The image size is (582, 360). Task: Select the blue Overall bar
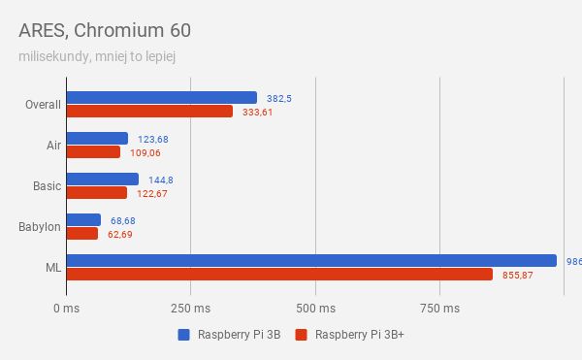162,97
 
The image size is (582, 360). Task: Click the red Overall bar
149,111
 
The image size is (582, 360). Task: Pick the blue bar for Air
97,138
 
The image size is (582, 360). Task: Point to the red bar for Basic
97,192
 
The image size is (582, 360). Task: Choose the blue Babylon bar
83,219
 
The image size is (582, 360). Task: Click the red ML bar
279,275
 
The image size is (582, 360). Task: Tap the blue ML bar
311,260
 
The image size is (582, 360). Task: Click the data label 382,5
280,98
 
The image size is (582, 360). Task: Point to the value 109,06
145,152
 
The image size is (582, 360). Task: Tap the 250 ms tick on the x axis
190,309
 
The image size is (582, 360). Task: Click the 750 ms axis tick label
439,309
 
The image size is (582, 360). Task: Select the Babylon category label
40,226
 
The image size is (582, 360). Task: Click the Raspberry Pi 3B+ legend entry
350,336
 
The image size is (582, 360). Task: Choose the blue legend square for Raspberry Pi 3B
183,336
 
